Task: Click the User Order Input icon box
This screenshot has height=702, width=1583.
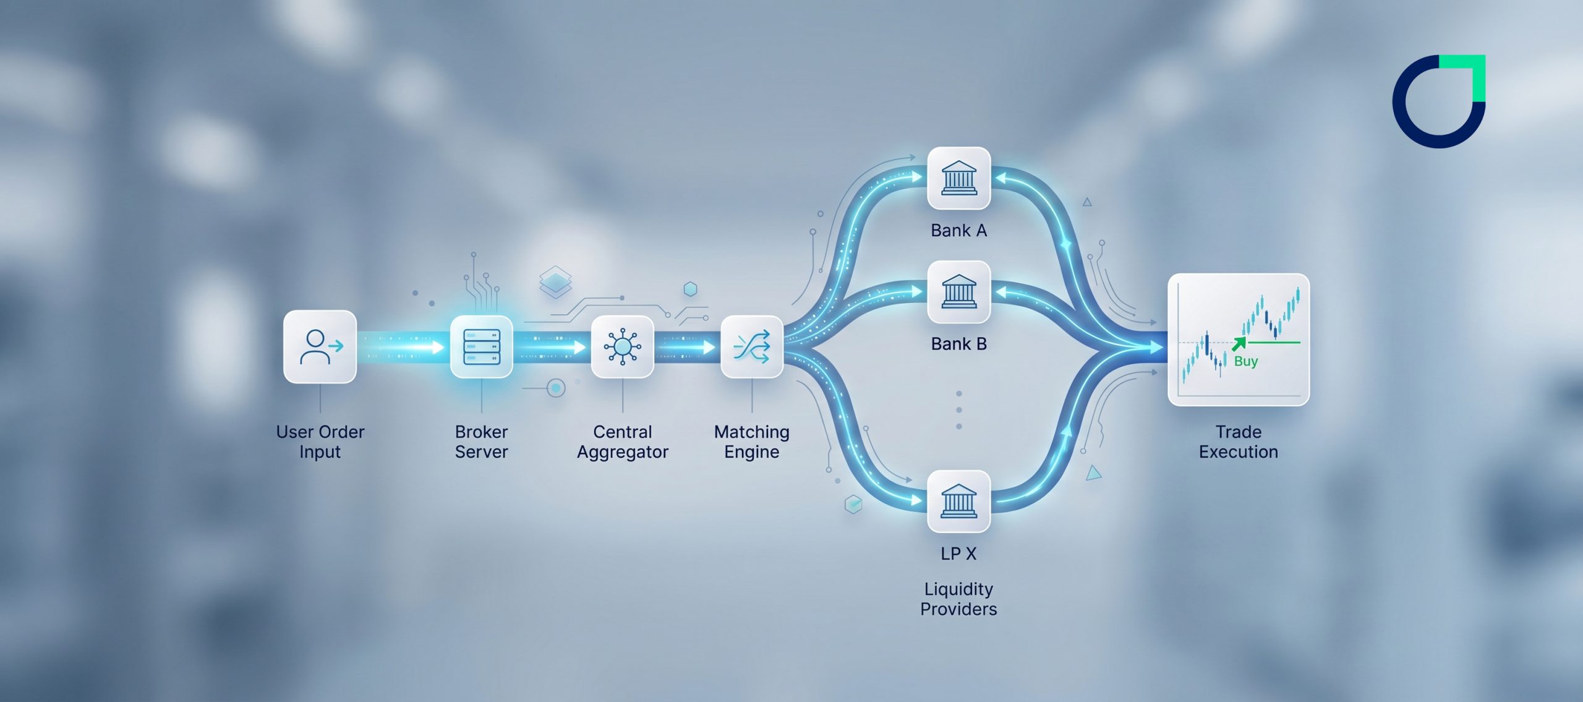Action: coord(320,346)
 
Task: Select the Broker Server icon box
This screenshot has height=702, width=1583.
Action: coord(481,346)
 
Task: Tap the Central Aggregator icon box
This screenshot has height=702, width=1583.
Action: coord(622,346)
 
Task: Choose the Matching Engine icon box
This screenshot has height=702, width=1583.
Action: coord(751,346)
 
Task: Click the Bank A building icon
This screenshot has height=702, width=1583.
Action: coord(958,178)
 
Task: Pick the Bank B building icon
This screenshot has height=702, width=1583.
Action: coord(958,292)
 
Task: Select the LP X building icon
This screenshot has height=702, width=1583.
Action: coord(958,501)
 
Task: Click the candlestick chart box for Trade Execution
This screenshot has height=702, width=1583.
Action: coord(1238,339)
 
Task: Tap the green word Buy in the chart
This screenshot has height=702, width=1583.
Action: coord(1245,361)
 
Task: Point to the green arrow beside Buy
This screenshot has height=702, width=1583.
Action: coord(1239,344)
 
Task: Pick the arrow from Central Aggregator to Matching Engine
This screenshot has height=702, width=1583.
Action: coord(686,348)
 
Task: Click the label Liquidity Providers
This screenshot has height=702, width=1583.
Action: coord(958,599)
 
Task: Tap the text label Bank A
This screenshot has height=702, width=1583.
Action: coord(958,231)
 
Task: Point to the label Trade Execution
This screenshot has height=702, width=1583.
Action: coord(1238,442)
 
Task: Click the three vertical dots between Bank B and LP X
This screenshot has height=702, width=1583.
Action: coord(958,410)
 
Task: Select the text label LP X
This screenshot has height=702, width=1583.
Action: coord(958,554)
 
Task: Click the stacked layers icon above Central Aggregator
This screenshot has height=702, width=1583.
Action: coord(555,281)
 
